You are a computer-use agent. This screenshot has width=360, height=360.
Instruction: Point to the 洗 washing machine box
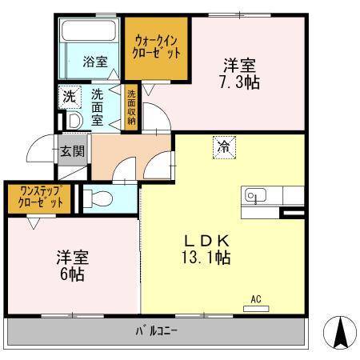click(x=68, y=97)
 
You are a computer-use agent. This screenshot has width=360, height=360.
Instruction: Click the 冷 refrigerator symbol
click(x=225, y=146)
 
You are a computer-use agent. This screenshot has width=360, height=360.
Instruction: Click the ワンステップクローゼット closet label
click(x=37, y=198)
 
